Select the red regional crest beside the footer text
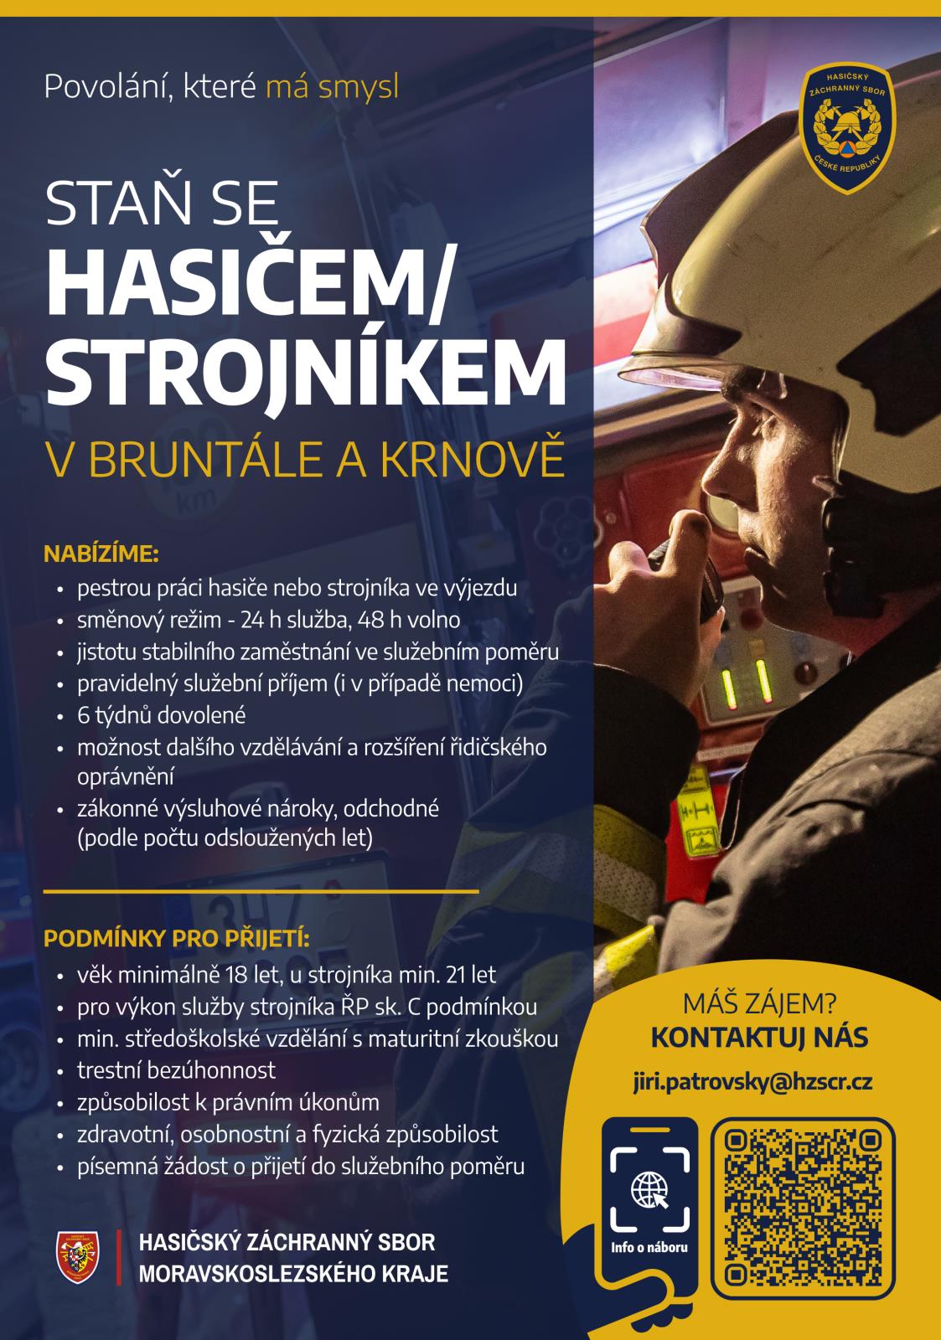tap(77, 1256)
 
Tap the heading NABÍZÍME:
tap(101, 554)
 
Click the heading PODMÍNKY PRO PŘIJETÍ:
tap(176, 938)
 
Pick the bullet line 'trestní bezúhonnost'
tap(176, 1069)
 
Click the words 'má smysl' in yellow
tap(332, 86)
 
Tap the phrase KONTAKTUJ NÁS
tap(759, 1038)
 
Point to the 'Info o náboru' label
tap(649, 1248)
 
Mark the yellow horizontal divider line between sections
tap(261, 891)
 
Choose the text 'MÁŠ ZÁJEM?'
tap(759, 1002)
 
